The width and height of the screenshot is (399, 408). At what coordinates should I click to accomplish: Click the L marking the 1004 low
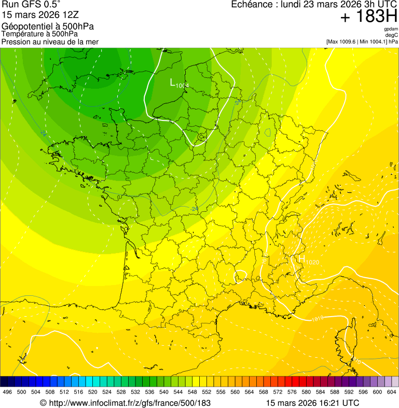[x=173, y=82]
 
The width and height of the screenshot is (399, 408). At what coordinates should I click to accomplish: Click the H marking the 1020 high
[x=301, y=259]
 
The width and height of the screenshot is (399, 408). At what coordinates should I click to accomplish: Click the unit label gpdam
[x=391, y=29]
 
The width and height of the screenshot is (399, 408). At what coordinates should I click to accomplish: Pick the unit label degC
[x=392, y=35]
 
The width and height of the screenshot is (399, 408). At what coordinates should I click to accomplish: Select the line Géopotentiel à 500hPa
[x=48, y=27]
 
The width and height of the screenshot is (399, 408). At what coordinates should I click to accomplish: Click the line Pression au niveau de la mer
[x=50, y=42]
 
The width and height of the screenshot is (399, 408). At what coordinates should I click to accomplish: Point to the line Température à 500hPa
[x=44, y=34]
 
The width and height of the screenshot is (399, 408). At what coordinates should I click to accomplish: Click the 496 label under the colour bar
[x=7, y=392]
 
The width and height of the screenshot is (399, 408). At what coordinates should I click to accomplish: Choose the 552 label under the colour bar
[x=206, y=392]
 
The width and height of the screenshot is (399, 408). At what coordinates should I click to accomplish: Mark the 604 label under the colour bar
[x=391, y=392]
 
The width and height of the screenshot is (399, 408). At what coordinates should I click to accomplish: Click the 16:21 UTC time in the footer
[x=337, y=403]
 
